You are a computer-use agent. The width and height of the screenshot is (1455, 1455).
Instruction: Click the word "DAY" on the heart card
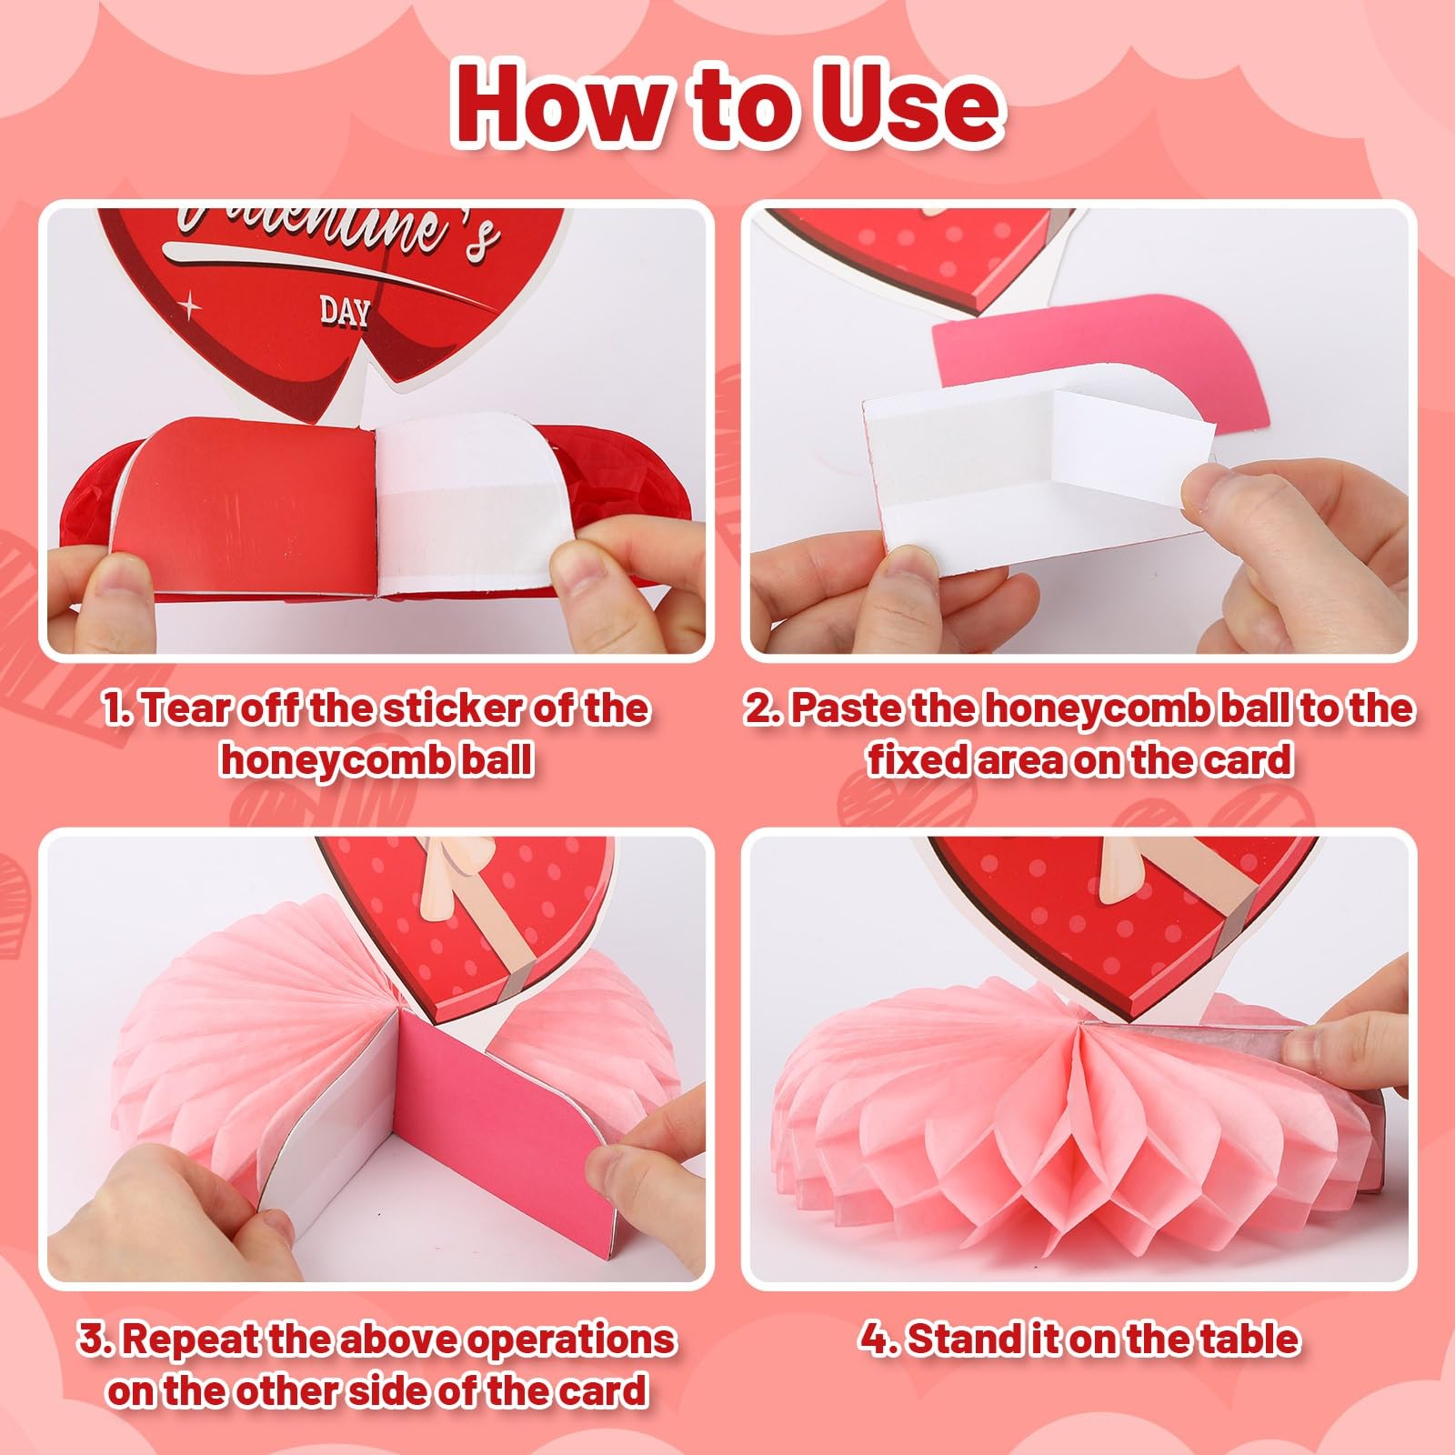pyautogui.click(x=345, y=312)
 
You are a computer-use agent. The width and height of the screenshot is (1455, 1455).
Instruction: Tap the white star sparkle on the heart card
pyautogui.click(x=190, y=306)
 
